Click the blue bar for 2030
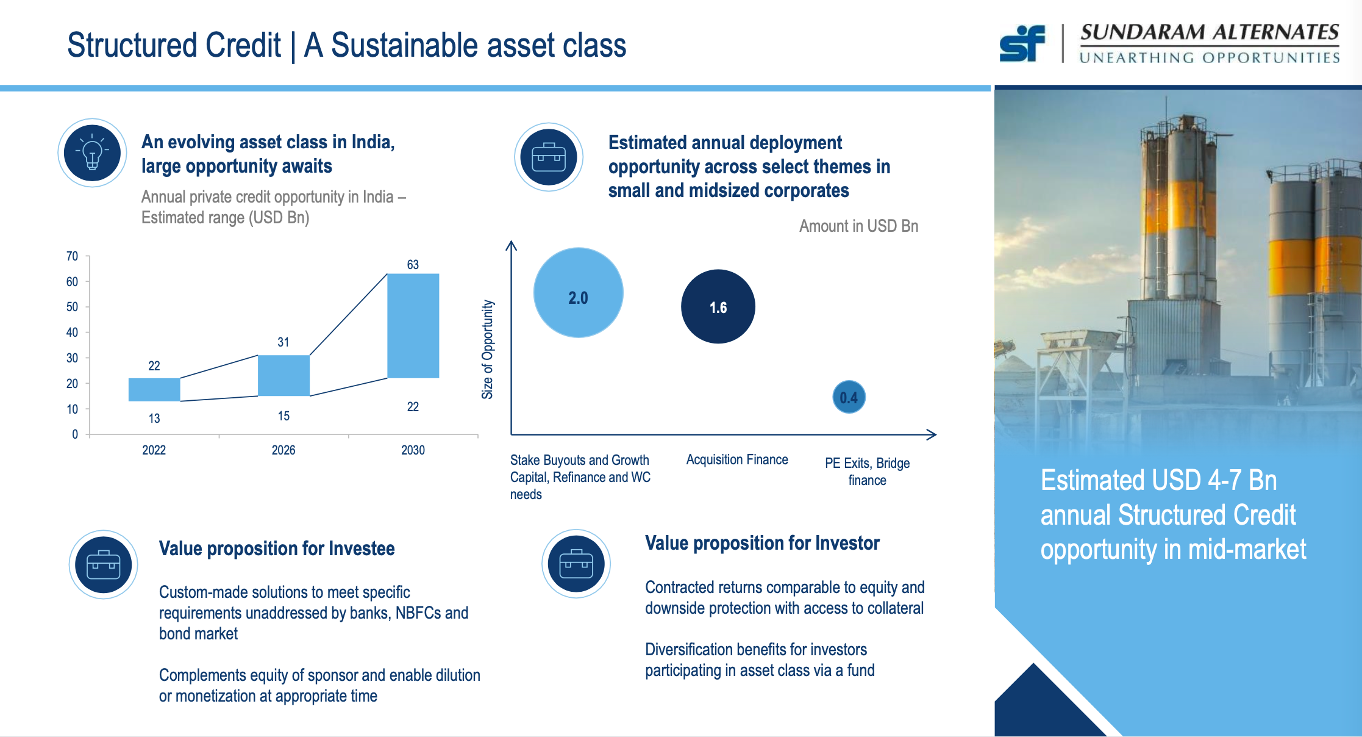coord(413,326)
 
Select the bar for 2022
coord(154,389)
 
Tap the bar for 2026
coord(283,375)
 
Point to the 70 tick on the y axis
coord(72,256)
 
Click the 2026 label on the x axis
coord(283,450)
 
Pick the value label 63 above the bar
coord(413,264)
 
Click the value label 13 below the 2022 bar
coord(154,419)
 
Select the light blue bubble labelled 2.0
coord(578,292)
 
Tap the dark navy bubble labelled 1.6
coord(718,306)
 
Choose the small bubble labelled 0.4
coord(849,397)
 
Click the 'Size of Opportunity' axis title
coord(487,350)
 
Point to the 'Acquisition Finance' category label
coord(737,459)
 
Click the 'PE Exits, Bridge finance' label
coord(867,472)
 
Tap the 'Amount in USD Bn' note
coord(858,226)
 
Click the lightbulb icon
coord(92,153)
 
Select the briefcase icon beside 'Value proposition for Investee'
coord(103,565)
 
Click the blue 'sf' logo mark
coord(1022,43)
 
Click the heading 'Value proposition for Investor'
coord(762,543)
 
